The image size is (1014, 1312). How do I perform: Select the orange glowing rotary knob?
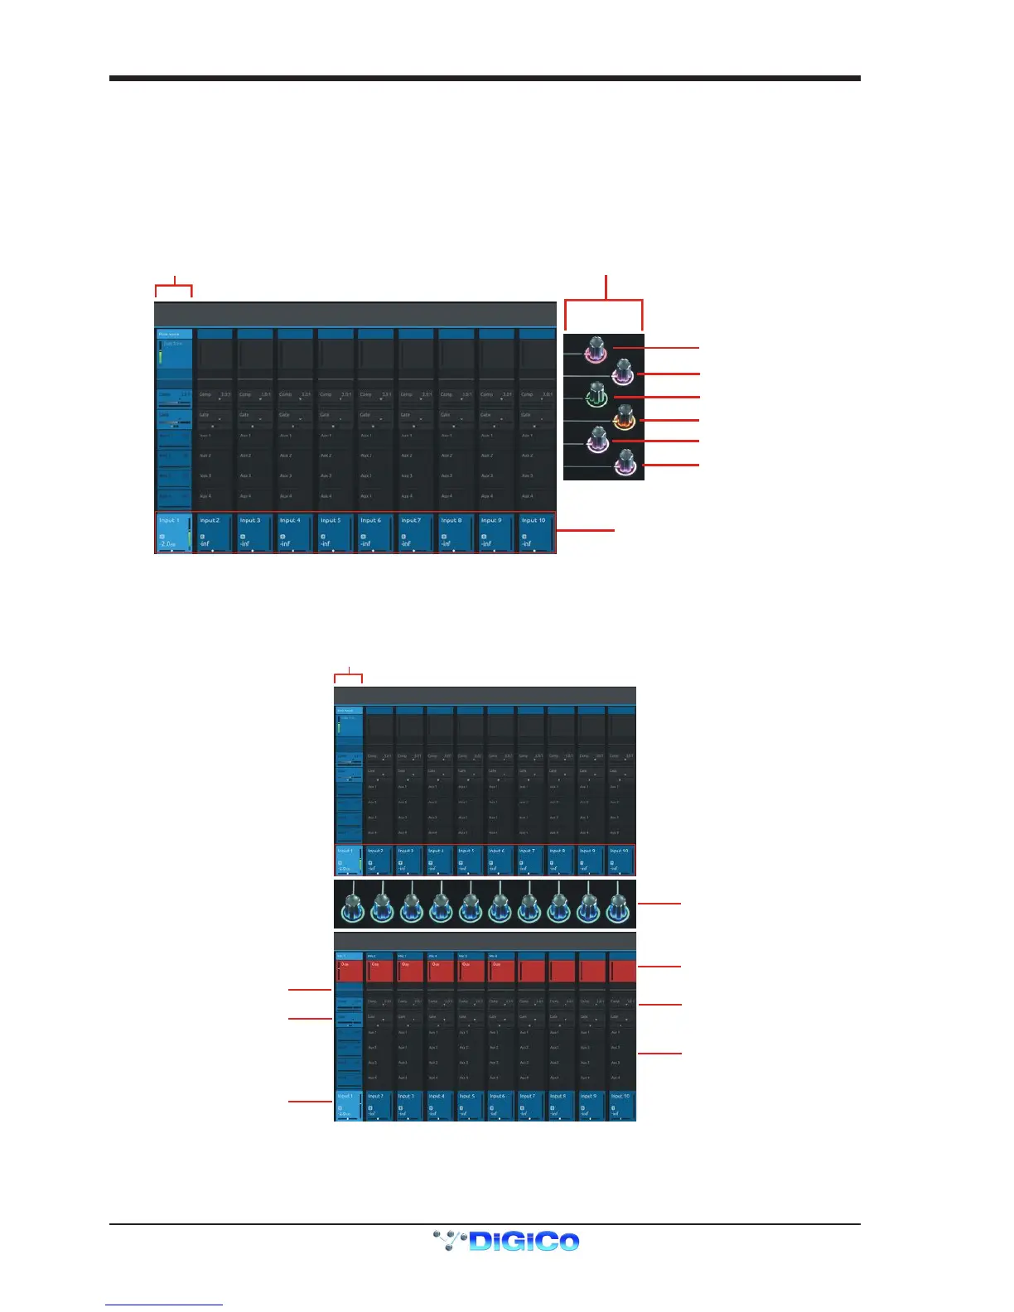point(623,417)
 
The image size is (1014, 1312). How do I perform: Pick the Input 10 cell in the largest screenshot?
point(536,533)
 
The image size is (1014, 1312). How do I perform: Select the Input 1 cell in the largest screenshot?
point(174,533)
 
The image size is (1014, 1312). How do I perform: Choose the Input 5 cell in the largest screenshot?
point(335,533)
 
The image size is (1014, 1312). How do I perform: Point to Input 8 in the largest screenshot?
point(456,533)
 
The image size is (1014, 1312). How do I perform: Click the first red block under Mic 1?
point(350,970)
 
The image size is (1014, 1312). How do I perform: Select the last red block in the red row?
point(622,970)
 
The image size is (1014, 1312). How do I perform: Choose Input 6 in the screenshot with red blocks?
point(501,1105)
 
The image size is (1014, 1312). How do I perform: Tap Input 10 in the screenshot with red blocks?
point(622,1105)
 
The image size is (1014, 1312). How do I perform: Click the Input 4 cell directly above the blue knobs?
point(439,860)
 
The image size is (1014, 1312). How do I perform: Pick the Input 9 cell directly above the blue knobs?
point(591,860)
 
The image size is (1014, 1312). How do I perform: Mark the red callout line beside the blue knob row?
point(659,903)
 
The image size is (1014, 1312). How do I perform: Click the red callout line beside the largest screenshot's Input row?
point(586,529)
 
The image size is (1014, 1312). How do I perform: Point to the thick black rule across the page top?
point(485,79)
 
